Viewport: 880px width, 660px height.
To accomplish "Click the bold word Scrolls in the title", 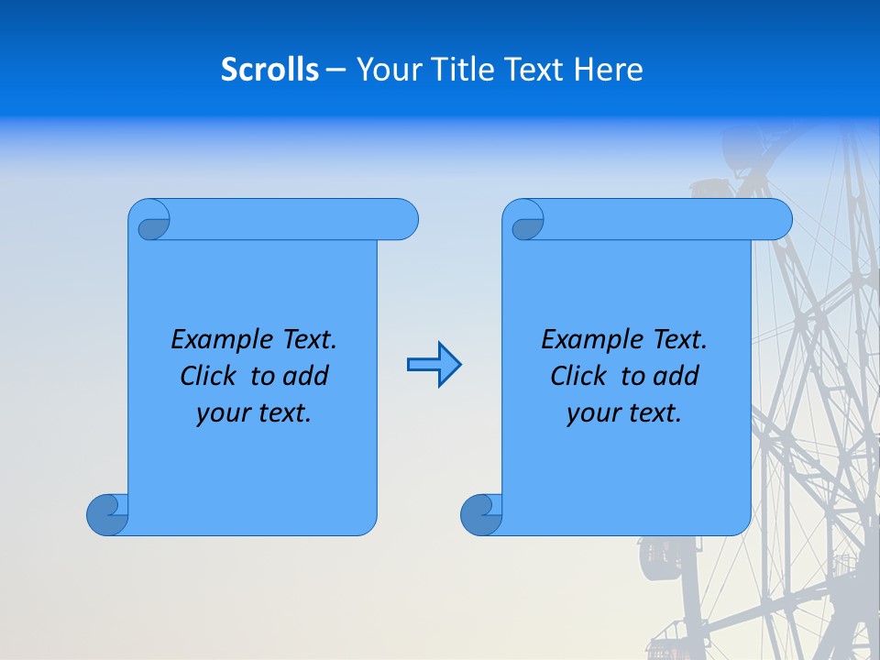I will tap(269, 70).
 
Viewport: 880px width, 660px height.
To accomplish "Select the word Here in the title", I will tap(609, 70).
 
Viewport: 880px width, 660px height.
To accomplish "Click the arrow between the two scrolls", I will tap(434, 365).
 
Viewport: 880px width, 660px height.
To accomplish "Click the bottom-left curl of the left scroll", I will tap(106, 513).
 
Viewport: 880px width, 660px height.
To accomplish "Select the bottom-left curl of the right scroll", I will tap(480, 513).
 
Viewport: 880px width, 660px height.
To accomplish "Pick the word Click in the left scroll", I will tap(211, 376).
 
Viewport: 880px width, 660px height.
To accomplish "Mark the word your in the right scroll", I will tap(591, 413).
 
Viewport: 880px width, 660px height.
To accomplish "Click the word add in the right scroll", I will tap(677, 376).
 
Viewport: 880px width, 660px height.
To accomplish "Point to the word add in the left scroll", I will tap(307, 376).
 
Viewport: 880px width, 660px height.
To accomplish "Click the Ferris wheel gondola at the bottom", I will tap(659, 556).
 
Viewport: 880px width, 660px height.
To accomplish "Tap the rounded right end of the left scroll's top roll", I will tap(403, 219).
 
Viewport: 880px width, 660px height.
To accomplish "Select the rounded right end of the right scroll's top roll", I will tap(777, 219).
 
